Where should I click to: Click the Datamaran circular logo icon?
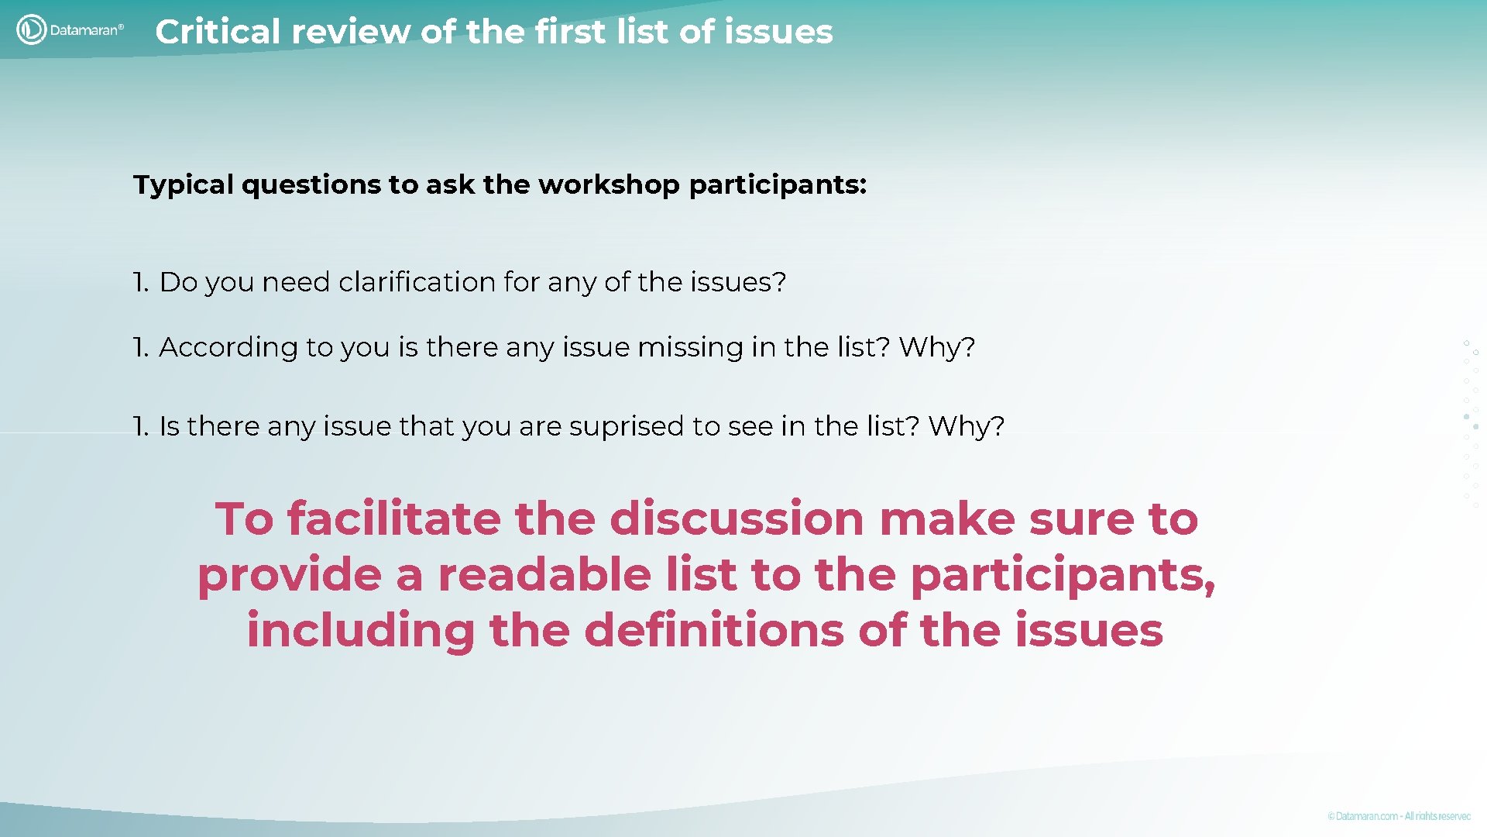click(31, 30)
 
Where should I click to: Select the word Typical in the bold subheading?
click(184, 185)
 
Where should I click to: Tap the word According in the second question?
click(228, 347)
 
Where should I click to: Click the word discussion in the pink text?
click(737, 518)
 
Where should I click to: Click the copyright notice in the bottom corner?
click(1399, 816)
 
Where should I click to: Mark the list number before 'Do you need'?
click(140, 282)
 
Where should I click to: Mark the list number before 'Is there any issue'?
click(140, 426)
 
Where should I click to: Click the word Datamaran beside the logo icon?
click(85, 30)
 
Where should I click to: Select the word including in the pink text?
click(360, 630)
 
